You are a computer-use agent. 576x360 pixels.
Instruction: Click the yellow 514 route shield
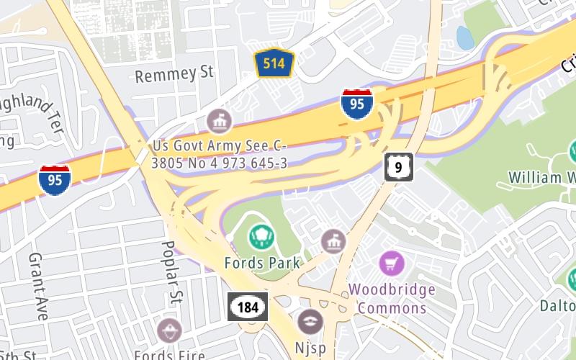click(x=274, y=63)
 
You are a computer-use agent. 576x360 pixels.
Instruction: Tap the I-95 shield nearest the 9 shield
click(x=357, y=104)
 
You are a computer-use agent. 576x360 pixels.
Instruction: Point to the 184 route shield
click(x=248, y=307)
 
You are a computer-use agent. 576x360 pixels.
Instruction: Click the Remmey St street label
click(x=175, y=73)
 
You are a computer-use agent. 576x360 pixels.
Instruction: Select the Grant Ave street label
click(x=37, y=286)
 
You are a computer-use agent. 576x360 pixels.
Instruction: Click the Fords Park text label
click(x=262, y=262)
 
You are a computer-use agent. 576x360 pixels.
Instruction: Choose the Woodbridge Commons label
click(x=392, y=299)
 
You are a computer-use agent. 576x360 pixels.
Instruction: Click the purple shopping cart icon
click(x=391, y=263)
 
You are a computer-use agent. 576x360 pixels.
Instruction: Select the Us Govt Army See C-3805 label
click(x=220, y=154)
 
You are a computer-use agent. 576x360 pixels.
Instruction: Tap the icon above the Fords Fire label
click(x=169, y=330)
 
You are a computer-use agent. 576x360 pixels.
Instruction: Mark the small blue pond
click(x=465, y=38)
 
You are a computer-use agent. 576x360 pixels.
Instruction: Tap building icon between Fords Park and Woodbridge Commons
click(x=333, y=241)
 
